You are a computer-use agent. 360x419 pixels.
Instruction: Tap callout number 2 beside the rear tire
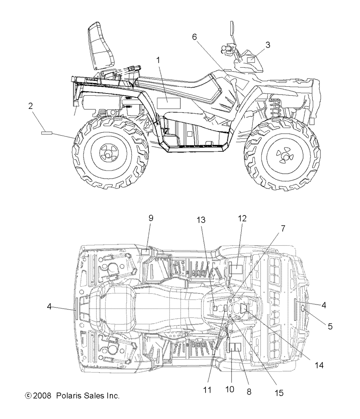31,106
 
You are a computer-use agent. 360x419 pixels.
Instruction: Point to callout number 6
194,37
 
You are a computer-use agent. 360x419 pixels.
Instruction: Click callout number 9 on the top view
151,218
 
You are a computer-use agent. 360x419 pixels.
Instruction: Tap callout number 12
242,218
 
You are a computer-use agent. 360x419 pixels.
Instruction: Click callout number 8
249,391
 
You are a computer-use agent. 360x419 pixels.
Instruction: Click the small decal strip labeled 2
47,133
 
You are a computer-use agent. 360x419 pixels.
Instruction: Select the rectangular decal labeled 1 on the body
168,104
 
